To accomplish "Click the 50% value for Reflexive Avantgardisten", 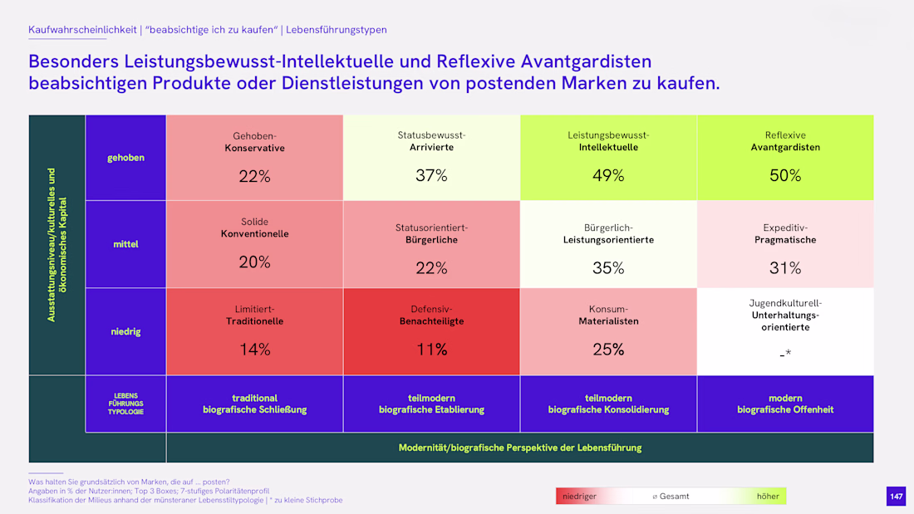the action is point(785,175).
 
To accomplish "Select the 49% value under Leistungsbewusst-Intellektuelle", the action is point(608,175).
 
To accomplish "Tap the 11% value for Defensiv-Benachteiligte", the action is point(431,349).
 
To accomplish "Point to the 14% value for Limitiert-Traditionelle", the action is point(255,349).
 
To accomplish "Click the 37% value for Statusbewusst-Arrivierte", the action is point(431,175).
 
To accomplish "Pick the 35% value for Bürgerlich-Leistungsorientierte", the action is point(608,268).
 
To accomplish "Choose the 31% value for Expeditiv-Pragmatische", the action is point(785,268).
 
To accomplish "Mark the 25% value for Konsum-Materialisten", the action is point(608,349).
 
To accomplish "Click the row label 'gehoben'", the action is point(126,158).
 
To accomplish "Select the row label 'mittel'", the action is point(126,244).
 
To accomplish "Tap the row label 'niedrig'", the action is point(126,331).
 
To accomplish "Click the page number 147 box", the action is point(896,497).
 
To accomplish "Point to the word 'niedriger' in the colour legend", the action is point(579,497).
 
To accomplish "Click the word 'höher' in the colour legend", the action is point(768,497).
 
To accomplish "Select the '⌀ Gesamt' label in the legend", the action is point(671,497).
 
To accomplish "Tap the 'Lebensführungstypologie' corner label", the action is point(126,404).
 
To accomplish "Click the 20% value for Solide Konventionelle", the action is point(255,262).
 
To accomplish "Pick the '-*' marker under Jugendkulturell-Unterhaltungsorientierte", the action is point(785,353).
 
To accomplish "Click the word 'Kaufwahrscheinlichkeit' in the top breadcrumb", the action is point(82,30).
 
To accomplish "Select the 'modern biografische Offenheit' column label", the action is point(785,404).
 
